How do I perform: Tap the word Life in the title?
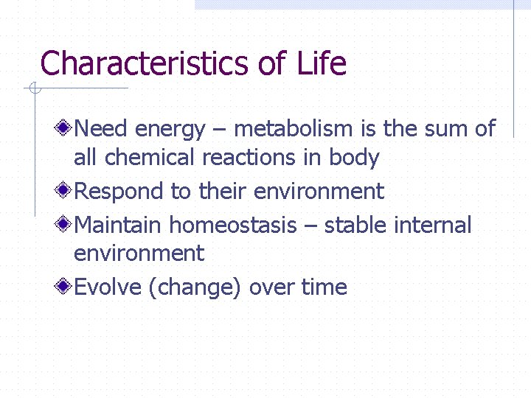click(x=322, y=63)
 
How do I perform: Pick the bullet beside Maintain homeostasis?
click(x=65, y=224)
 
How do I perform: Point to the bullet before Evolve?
click(x=65, y=287)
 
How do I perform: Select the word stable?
click(x=355, y=224)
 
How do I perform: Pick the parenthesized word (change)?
click(x=195, y=287)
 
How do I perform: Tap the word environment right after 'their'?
click(x=319, y=192)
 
